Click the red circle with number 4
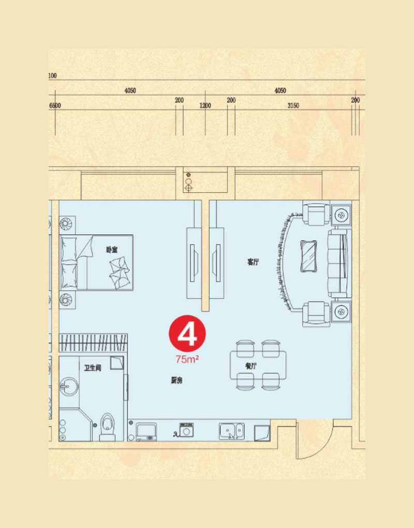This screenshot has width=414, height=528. coord(187,333)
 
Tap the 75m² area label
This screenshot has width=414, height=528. coord(187,359)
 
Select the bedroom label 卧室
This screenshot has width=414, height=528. coord(112,250)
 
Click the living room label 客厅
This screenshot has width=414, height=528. coord(253,262)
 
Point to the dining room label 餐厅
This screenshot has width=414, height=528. coord(251,366)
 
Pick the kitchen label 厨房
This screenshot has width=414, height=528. coord(176,380)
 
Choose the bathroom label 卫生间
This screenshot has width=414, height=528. coord(93,368)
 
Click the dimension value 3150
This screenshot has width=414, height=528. coord(293,105)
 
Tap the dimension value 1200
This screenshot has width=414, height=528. coord(205,105)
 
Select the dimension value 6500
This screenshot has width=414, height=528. coord(55,105)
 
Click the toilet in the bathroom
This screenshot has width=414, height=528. coord(108,426)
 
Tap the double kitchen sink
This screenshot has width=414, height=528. coord(232,431)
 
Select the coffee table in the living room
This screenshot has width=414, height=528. coord(308,255)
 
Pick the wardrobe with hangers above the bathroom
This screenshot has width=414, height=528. coord(93,343)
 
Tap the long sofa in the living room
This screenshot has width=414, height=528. coord(339,263)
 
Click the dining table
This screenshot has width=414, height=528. coord(258,365)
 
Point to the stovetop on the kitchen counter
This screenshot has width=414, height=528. coord(146,431)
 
